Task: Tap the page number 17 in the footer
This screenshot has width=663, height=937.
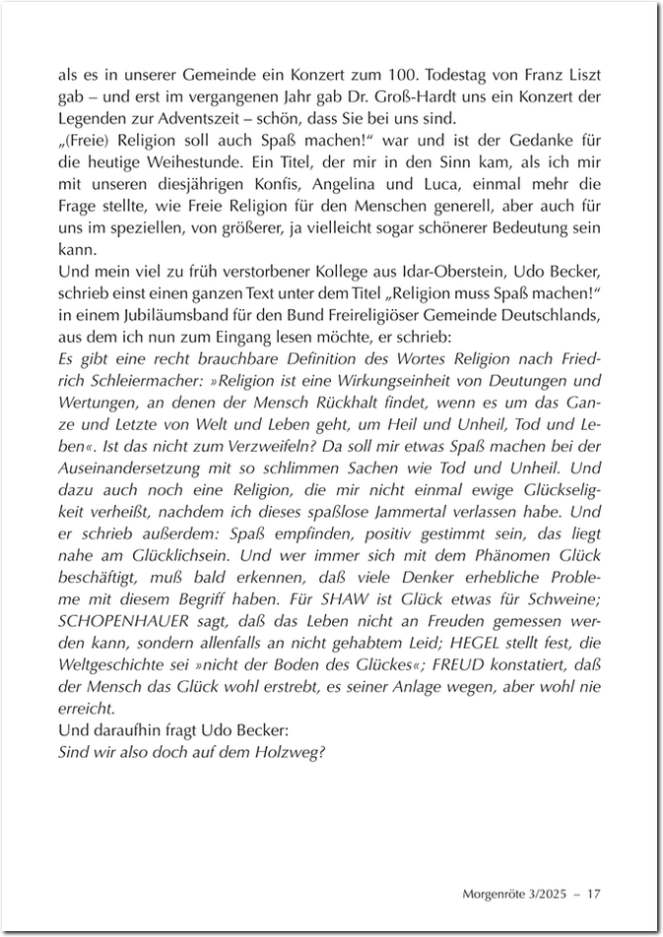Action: click(x=593, y=894)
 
